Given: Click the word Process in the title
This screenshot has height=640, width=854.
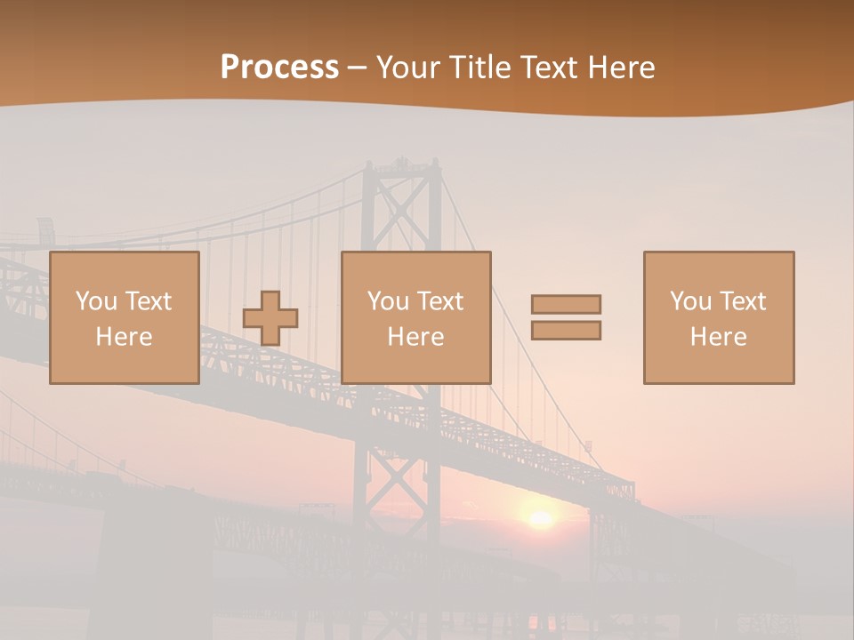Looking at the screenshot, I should [x=279, y=68].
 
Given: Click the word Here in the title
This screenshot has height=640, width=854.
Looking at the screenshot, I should [x=623, y=68].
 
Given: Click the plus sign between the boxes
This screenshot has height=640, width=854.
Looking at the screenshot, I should [x=270, y=318].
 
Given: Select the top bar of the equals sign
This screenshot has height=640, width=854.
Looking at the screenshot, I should [x=566, y=304].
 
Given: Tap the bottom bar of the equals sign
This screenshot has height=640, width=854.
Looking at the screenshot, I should [x=566, y=331].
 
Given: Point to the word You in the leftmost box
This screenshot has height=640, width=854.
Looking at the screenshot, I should [x=96, y=301].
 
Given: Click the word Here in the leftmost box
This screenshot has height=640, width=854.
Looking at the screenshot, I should [x=125, y=337].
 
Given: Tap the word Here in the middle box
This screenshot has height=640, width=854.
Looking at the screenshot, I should [x=415, y=337].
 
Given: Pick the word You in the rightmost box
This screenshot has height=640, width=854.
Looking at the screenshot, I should [x=690, y=301].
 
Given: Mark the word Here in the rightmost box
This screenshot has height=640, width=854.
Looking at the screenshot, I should [x=719, y=337].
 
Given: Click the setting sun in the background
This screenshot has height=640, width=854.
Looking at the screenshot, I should [x=539, y=518].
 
